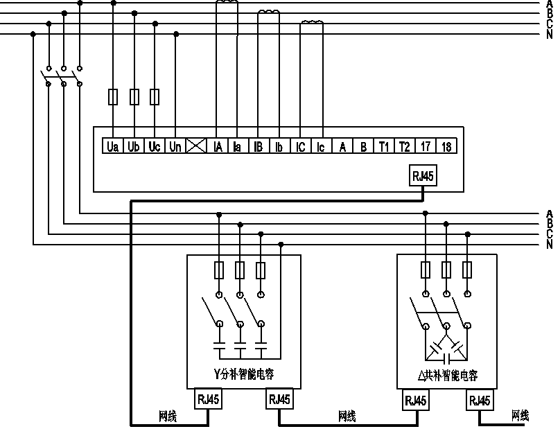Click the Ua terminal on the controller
point(113,146)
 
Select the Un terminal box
point(175,146)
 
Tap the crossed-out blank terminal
point(196,146)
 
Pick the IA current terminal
point(217,146)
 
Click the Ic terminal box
point(321,146)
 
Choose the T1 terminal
point(383,146)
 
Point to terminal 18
point(446,146)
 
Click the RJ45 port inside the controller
point(423,175)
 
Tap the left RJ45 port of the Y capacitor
point(208,399)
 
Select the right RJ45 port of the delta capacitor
point(480,400)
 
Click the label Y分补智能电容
point(243,374)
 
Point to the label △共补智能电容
point(448,376)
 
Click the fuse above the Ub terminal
point(134,97)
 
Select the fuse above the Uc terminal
point(155,97)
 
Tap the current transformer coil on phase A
point(227,2)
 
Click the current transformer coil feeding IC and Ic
point(312,23)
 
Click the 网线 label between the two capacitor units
point(347,416)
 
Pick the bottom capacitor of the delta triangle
point(446,358)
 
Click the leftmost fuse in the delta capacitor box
point(426,270)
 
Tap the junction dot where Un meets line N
point(176,34)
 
